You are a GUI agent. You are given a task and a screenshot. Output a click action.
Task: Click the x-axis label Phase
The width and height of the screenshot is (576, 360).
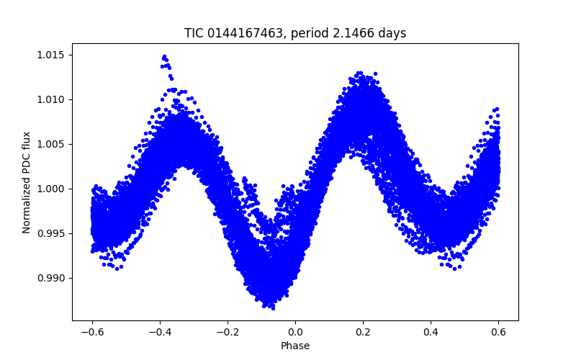tap(295, 346)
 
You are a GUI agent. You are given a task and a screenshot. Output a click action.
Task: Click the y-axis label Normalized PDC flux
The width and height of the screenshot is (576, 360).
tap(27, 182)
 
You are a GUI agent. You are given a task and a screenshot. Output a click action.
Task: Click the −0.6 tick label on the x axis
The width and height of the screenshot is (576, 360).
tap(92, 332)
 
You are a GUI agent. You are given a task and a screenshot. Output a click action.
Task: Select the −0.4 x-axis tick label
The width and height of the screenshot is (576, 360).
tap(160, 332)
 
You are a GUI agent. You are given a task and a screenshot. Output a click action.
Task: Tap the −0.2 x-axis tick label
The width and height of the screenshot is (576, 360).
tap(228, 332)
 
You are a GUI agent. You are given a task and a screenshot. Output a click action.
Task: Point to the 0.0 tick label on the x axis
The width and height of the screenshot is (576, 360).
tap(295, 332)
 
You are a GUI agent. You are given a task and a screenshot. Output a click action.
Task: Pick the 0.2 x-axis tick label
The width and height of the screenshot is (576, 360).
tap(363, 332)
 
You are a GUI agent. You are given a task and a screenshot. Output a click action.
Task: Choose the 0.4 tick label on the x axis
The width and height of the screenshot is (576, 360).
tap(431, 332)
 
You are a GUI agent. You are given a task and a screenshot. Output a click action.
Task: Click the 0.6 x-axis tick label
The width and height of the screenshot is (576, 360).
tap(498, 332)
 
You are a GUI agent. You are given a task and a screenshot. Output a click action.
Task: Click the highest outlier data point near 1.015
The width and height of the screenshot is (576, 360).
tap(164, 56)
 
